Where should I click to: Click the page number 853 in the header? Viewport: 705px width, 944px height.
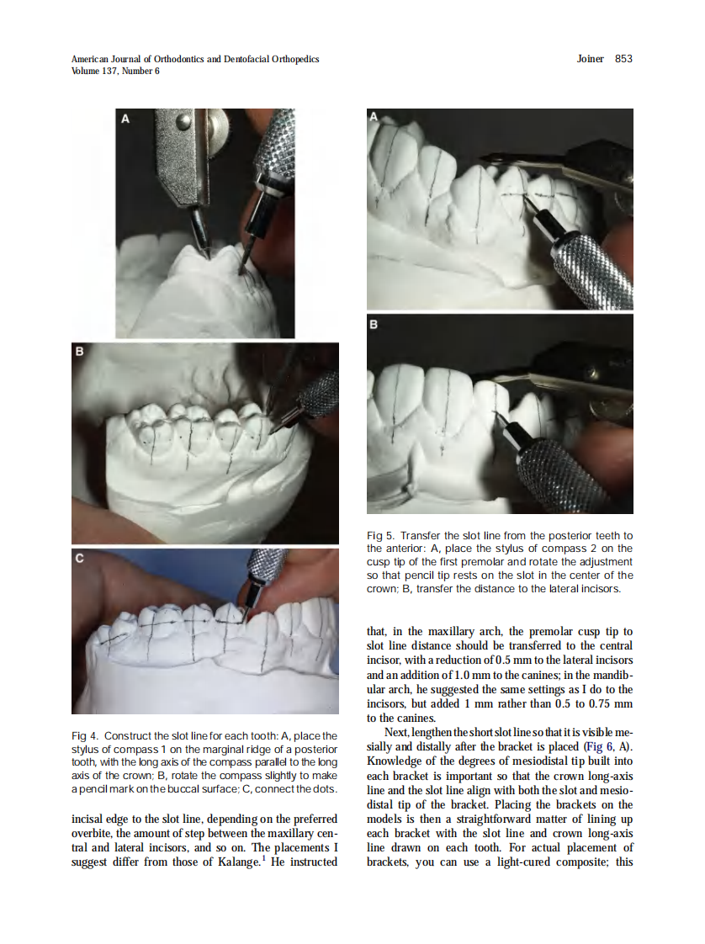pyautogui.click(x=623, y=58)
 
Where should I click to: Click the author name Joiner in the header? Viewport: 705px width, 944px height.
pyautogui.click(x=590, y=58)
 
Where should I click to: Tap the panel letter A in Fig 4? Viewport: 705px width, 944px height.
pyautogui.click(x=125, y=119)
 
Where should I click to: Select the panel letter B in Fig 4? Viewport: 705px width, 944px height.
pyautogui.click(x=79, y=351)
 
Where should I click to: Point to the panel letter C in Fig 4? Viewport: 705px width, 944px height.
pyautogui.click(x=79, y=558)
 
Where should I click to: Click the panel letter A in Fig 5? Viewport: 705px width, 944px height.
pyautogui.click(x=374, y=116)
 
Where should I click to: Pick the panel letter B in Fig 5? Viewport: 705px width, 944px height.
pyautogui.click(x=374, y=325)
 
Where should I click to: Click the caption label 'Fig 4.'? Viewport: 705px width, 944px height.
pyautogui.click(x=84, y=735)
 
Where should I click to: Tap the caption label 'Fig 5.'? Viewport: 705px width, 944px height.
pyautogui.click(x=380, y=535)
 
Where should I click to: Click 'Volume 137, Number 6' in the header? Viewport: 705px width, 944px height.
pyautogui.click(x=115, y=71)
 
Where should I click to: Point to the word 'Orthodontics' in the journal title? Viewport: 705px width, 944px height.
pyautogui.click(x=179, y=59)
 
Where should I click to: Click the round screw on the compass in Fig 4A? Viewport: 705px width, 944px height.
pyautogui.click(x=183, y=121)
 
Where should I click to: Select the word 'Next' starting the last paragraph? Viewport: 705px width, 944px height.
pyautogui.click(x=396, y=733)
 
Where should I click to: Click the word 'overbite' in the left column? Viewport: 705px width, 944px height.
pyautogui.click(x=92, y=833)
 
